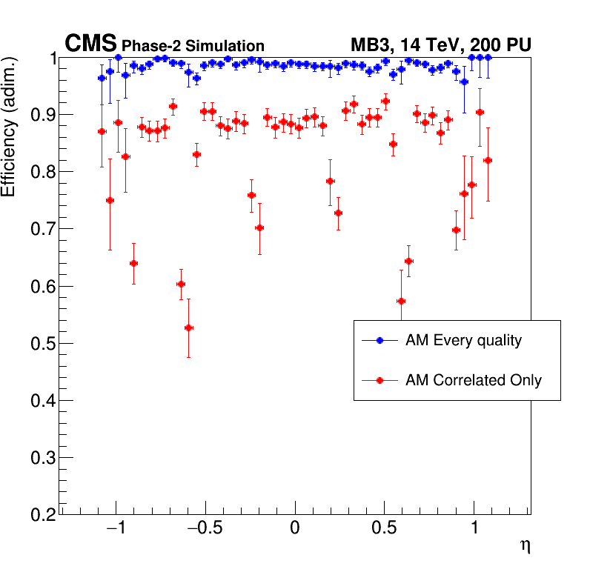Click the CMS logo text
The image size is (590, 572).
[x=90, y=44]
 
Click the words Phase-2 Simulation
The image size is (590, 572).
[x=193, y=46]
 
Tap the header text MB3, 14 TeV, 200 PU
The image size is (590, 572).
[x=440, y=45]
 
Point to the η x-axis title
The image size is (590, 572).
[x=525, y=545]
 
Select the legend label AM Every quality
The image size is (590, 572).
[x=463, y=341]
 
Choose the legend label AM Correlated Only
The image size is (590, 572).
[x=473, y=380]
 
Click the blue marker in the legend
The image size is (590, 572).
[x=379, y=341]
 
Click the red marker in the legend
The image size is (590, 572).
[x=379, y=380]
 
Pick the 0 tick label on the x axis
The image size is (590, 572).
[x=295, y=529]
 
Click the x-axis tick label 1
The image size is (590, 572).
[x=474, y=529]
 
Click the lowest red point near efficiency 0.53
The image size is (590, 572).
[x=188, y=327]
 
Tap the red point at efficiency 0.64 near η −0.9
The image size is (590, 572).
[x=133, y=263]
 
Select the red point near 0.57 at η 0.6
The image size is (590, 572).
[x=401, y=301]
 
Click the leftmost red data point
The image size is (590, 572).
[x=102, y=131]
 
